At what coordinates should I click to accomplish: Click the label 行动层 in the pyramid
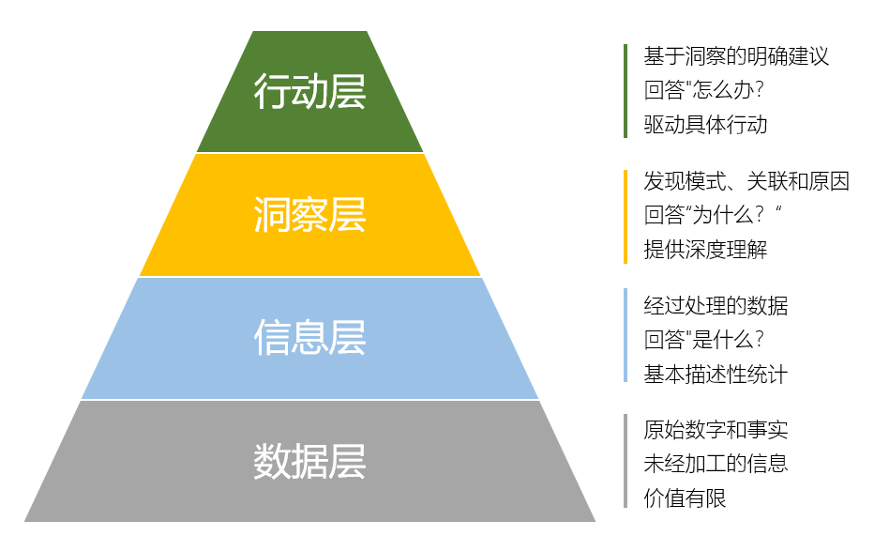[x=309, y=92]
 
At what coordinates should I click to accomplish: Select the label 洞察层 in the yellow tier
[x=309, y=215]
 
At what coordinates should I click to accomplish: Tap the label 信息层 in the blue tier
[x=309, y=338]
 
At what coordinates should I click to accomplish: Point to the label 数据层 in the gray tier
[x=309, y=462]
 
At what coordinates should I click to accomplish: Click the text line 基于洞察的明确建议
[x=736, y=56]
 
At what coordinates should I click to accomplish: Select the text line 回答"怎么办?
[x=704, y=90]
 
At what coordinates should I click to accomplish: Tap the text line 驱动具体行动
[x=705, y=124]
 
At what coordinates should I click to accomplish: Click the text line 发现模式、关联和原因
[x=746, y=181]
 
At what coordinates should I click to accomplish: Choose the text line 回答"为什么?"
[x=714, y=215]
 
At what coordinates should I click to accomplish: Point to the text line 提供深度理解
[x=705, y=249]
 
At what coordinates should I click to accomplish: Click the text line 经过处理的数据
[x=716, y=305]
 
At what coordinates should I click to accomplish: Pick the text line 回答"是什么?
[x=704, y=339]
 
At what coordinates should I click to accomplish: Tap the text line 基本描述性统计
[x=716, y=374]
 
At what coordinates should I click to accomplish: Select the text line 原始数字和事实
[x=716, y=430]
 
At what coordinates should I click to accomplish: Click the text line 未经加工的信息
[x=716, y=464]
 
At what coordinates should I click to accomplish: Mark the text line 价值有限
[x=685, y=498]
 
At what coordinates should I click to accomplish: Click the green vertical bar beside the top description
[x=625, y=91]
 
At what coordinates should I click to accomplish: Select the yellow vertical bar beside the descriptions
[x=625, y=216]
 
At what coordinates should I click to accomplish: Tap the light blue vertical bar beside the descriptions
[x=625, y=335]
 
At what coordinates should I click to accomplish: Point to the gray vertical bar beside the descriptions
[x=625, y=461]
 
